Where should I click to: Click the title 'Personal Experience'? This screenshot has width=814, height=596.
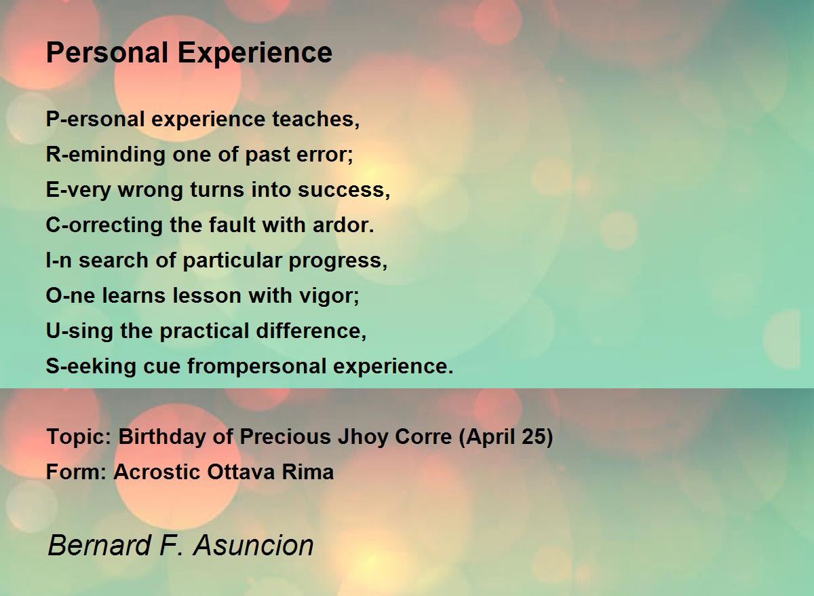coord(189,52)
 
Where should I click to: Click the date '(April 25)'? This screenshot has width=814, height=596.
coord(505,436)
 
